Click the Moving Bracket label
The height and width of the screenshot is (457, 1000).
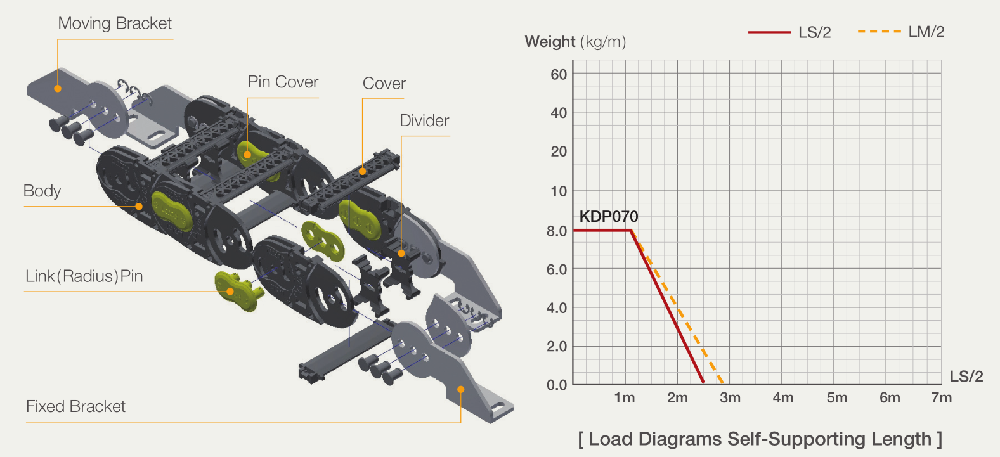115,23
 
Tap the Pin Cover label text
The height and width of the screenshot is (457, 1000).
283,82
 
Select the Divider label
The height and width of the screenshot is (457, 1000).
424,120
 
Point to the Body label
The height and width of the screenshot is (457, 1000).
42,191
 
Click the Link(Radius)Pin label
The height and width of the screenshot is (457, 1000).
84,276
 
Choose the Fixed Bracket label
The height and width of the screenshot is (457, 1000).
75,406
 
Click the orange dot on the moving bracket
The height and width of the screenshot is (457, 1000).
58,88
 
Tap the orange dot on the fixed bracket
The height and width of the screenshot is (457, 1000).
461,390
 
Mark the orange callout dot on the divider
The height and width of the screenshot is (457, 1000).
401,253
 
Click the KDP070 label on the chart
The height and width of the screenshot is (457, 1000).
609,216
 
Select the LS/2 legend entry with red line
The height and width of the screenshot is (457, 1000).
789,32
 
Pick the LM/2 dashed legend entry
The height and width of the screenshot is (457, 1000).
901,32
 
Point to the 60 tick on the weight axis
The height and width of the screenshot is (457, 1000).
559,74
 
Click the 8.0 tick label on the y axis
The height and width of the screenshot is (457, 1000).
557,231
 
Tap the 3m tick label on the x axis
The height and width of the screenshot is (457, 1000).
730,397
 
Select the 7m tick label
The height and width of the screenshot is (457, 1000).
941,397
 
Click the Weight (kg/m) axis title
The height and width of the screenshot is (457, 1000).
575,41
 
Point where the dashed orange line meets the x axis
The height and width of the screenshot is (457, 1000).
722,383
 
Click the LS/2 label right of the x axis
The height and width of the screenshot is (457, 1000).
966,377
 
